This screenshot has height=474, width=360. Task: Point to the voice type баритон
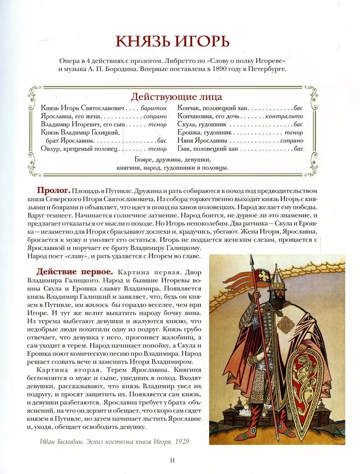(x=154, y=108)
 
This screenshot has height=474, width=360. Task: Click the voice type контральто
(x=284, y=116)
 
